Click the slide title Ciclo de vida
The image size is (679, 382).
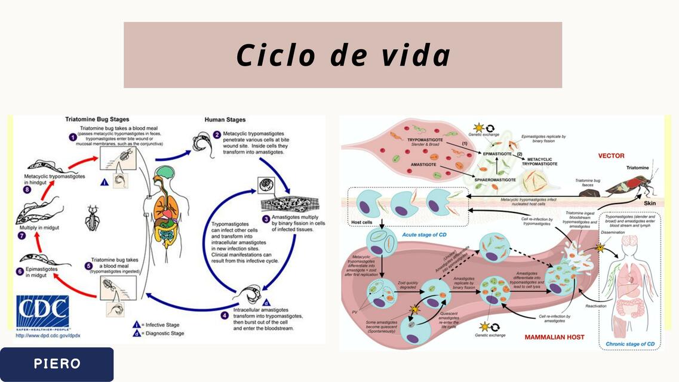tap(343, 56)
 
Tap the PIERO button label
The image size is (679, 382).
tap(57, 364)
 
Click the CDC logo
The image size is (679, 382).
tap(42, 312)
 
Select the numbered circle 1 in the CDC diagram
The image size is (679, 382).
tap(72, 137)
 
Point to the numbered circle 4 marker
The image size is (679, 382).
tap(224, 315)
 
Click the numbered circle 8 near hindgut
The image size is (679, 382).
tap(27, 190)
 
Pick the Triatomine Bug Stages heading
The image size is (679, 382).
tap(97, 119)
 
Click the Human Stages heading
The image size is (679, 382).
tap(225, 119)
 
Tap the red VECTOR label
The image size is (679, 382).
tap(611, 156)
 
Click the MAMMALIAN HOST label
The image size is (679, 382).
tap(554, 337)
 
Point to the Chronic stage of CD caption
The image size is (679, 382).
tap(630, 344)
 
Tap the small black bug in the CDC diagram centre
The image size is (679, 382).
tap(92, 218)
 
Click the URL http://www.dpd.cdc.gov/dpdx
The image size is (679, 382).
tap(48, 335)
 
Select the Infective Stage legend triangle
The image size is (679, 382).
tap(136, 325)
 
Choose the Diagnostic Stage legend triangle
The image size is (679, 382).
tap(136, 334)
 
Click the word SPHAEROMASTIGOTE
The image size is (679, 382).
tap(495, 179)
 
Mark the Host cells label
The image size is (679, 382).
tap(362, 222)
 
